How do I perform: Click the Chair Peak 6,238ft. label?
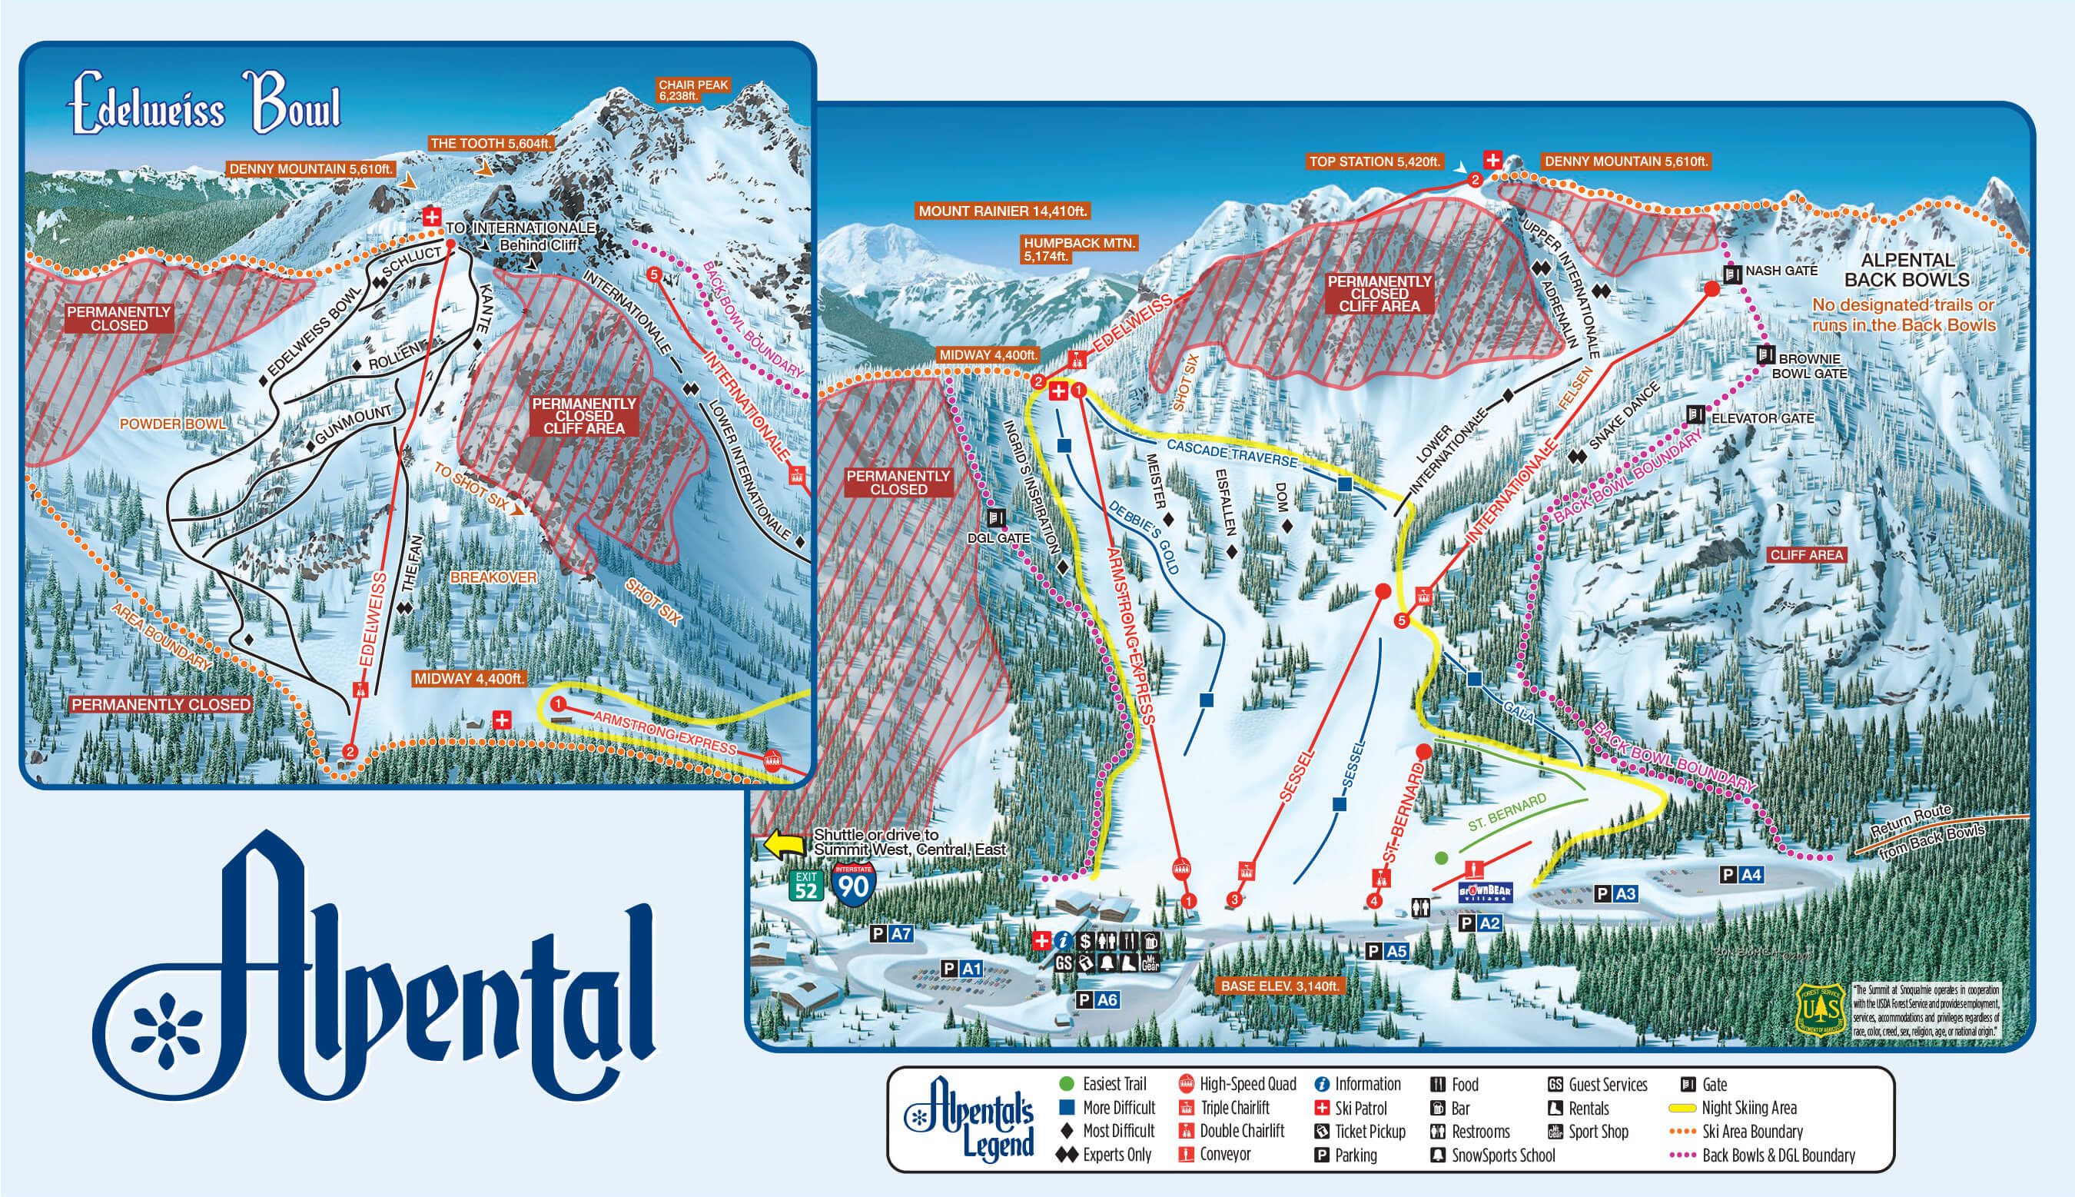pos(693,91)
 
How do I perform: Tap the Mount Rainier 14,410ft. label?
pos(1003,211)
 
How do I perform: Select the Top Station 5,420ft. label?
pos(1374,162)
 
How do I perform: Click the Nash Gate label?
pos(1781,271)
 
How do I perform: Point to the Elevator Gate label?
pos(1761,418)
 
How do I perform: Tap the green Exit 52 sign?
pos(806,886)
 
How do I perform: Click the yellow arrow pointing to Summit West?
pos(784,844)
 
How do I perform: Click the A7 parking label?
pos(891,933)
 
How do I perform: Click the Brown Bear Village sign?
pos(1485,893)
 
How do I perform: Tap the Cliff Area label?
pos(1806,555)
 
